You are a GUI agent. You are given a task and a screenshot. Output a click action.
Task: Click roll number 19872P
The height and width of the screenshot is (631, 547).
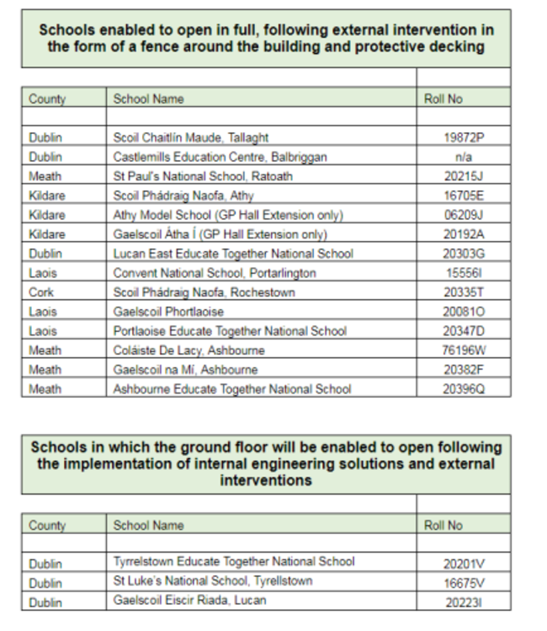(x=462, y=137)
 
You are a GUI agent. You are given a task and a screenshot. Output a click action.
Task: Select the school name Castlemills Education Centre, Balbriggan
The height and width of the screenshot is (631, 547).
(x=220, y=157)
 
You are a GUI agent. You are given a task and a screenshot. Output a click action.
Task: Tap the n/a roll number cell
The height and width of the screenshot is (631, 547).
(x=462, y=157)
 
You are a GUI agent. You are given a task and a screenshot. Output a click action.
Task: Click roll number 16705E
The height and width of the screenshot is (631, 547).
(x=462, y=195)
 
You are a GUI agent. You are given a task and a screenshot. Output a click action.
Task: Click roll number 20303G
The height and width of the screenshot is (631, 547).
(x=462, y=254)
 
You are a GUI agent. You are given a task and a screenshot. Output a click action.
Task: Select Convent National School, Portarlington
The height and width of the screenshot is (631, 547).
(x=215, y=273)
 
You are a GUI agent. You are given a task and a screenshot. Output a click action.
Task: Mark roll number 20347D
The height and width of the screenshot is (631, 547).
(x=462, y=331)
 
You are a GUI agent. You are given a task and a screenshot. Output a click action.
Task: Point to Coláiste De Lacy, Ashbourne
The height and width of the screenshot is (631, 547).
(x=189, y=350)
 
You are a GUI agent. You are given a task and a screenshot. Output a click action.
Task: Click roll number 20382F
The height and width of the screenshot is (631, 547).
(x=462, y=370)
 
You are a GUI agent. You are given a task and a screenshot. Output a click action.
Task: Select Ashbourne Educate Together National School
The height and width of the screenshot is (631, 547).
(x=232, y=389)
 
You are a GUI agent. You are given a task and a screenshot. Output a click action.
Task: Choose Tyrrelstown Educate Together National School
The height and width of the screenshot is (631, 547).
(x=234, y=561)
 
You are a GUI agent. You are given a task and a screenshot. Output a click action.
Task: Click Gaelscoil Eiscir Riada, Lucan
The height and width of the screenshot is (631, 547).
(x=192, y=602)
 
